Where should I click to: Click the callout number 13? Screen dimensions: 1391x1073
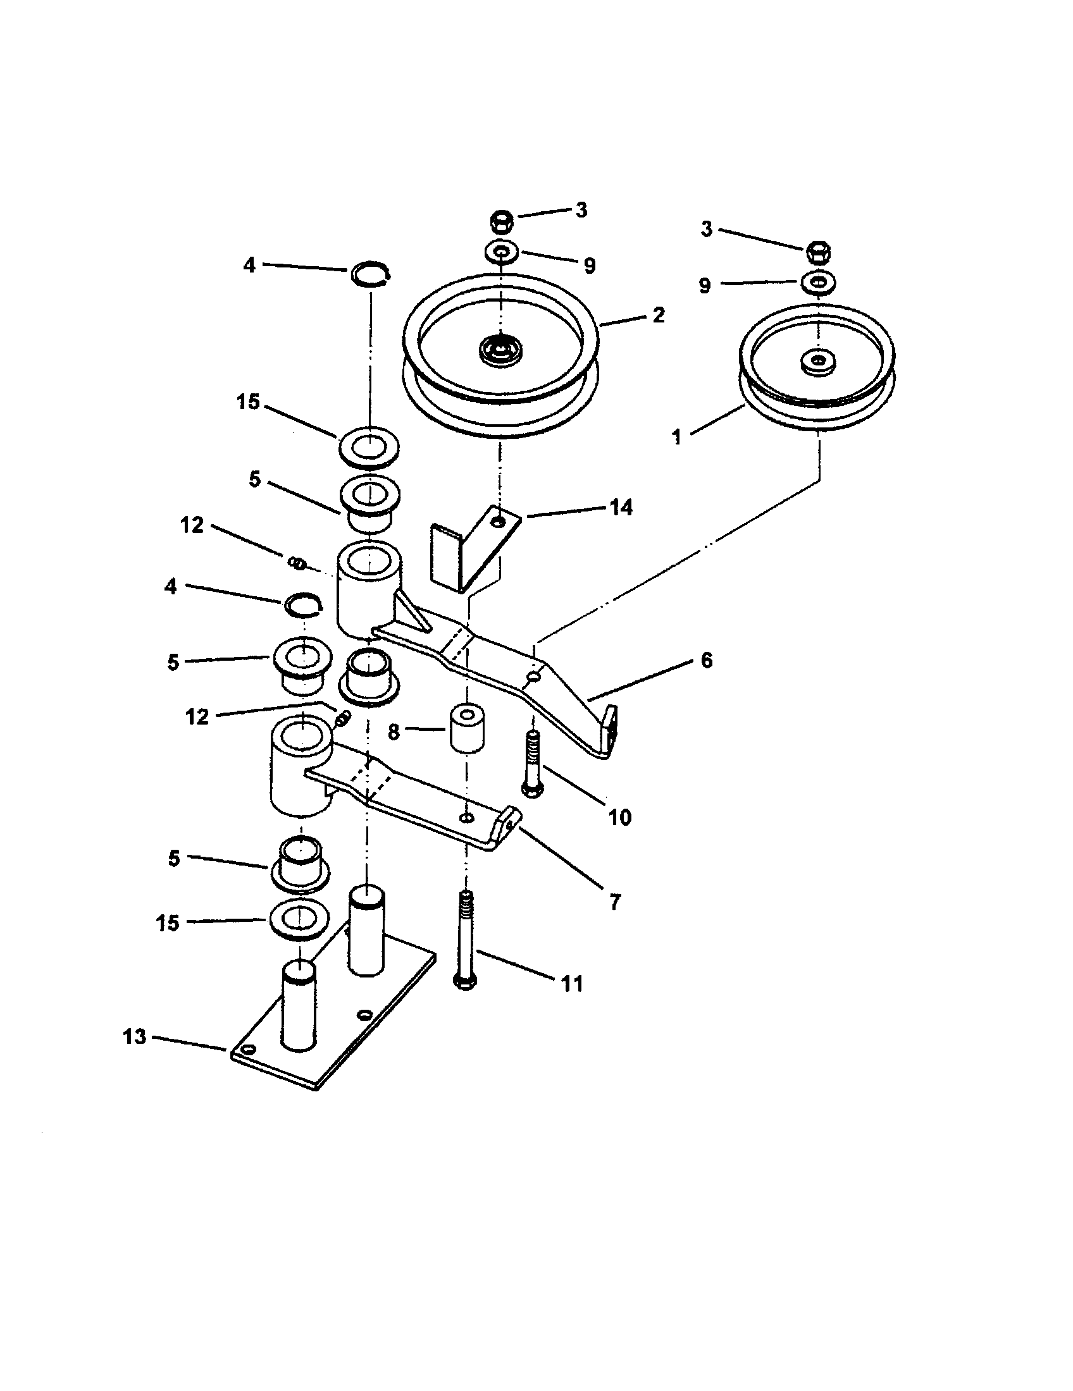tap(135, 1037)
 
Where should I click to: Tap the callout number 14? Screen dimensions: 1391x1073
tap(621, 508)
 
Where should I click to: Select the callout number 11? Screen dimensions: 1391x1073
tap(571, 983)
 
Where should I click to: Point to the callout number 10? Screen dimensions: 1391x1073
tap(619, 817)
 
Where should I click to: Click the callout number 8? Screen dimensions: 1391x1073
tap(394, 732)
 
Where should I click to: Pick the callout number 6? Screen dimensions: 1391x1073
tap(706, 661)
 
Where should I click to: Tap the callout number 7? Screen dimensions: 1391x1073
tap(615, 902)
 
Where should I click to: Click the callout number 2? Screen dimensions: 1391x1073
tap(658, 315)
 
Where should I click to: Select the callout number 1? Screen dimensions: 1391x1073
tap(677, 437)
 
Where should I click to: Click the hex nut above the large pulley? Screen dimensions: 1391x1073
tap(501, 223)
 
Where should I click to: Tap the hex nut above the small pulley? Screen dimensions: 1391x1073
tap(819, 252)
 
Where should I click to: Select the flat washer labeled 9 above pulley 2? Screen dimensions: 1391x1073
tap(501, 252)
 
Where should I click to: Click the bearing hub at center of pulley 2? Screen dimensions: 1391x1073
tap(501, 349)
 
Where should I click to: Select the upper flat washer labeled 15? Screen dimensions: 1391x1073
tap(368, 446)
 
